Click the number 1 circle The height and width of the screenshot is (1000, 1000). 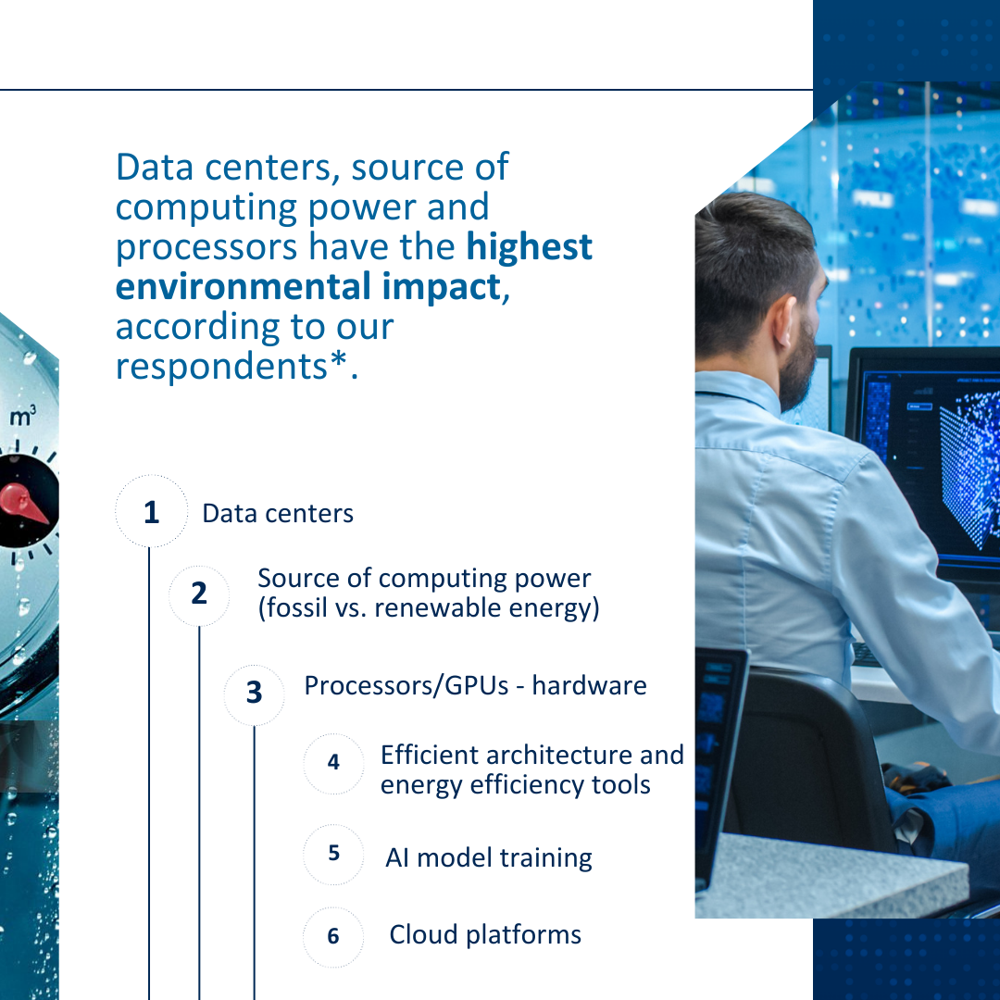tap(151, 512)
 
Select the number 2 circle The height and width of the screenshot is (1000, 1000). tap(199, 594)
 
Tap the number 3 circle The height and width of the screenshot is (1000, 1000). tap(254, 692)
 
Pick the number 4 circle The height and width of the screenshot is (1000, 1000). tap(333, 762)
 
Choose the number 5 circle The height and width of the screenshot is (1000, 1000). tap(333, 853)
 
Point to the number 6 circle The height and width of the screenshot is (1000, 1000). tap(333, 936)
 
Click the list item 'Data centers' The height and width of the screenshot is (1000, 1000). tap(278, 514)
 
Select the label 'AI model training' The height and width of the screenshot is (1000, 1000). tap(489, 857)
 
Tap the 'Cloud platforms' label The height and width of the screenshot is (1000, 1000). tap(485, 935)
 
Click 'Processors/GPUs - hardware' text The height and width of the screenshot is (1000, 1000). tap(475, 686)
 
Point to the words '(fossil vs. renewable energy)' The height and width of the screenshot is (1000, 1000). tap(428, 609)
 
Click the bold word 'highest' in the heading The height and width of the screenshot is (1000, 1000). tap(529, 247)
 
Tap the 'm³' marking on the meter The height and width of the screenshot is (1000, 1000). tap(23, 419)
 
